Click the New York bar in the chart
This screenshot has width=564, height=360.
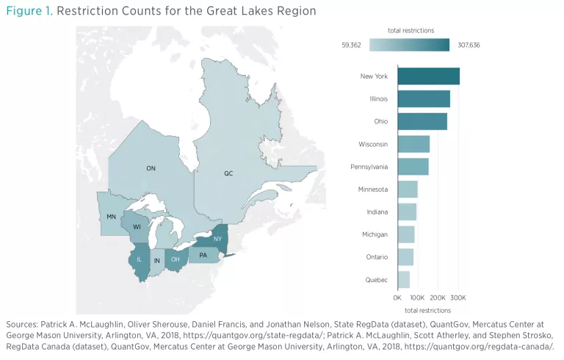(x=428, y=76)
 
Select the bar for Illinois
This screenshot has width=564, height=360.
(x=424, y=98)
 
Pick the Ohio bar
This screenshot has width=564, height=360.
(x=422, y=121)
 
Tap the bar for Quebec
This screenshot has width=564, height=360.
(x=403, y=280)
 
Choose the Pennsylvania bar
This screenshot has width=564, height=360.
(x=413, y=167)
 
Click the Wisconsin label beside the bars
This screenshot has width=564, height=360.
(x=373, y=144)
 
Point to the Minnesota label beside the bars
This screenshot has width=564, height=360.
(x=372, y=190)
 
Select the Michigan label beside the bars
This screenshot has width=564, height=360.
(x=375, y=234)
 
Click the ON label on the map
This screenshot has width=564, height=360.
(x=151, y=168)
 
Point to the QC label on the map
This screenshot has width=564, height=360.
(x=228, y=173)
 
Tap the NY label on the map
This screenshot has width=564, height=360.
(x=217, y=240)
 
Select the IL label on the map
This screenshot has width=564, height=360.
(x=138, y=259)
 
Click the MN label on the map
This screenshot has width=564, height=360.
(x=111, y=217)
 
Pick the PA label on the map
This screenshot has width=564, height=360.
(x=203, y=255)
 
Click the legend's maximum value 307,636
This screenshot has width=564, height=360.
(x=468, y=45)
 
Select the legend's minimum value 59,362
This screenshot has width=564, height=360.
(x=352, y=45)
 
